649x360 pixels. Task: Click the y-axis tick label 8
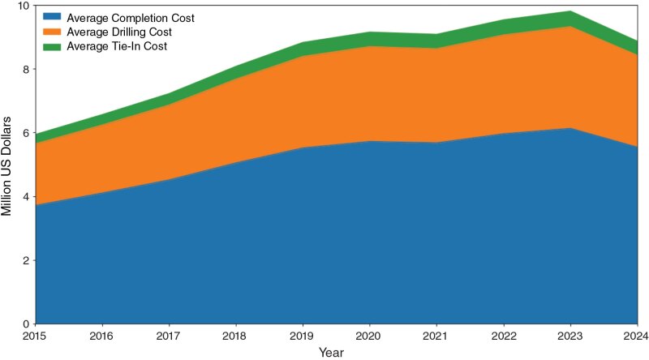coord(25,70)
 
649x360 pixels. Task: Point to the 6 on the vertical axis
coord(25,133)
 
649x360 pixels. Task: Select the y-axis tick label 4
coord(25,197)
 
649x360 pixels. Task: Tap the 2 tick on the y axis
coord(25,260)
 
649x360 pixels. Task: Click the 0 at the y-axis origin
coord(25,324)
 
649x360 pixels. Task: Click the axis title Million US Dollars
coord(7,165)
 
